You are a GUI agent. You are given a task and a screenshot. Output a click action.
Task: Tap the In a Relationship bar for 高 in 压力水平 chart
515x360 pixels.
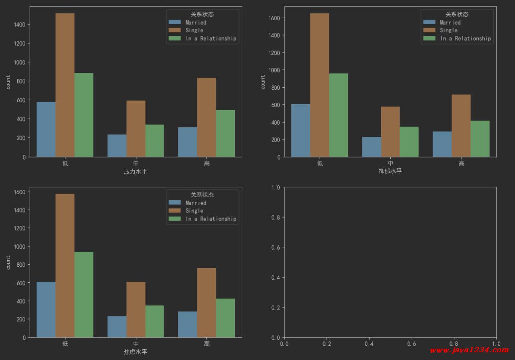[x=225, y=133]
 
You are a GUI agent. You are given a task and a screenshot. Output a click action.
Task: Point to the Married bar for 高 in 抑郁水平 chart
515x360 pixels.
[x=442, y=144]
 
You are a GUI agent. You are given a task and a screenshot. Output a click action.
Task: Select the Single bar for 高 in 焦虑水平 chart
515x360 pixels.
[x=206, y=303]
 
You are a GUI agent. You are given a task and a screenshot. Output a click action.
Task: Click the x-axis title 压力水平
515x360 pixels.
[x=136, y=171]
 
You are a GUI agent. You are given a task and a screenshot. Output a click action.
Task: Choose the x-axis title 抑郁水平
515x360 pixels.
[x=390, y=171]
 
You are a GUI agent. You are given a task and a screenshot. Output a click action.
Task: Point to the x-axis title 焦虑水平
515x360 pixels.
[x=136, y=352]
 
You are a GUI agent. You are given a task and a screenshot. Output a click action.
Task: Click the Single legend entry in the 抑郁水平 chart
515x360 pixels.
[x=449, y=30]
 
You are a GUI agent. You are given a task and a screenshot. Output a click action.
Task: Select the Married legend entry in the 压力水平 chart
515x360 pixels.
[x=196, y=22]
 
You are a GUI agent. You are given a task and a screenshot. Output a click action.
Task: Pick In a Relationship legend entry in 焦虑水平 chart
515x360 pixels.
[x=211, y=219]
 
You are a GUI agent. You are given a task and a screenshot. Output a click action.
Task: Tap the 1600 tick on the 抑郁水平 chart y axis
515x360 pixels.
[x=275, y=18]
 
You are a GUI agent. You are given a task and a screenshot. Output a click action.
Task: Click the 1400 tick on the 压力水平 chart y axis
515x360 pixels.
[x=20, y=25]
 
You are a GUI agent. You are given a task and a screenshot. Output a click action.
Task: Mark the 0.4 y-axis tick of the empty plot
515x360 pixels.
[x=276, y=277]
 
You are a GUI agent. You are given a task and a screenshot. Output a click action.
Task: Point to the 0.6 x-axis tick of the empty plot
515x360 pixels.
[x=411, y=344]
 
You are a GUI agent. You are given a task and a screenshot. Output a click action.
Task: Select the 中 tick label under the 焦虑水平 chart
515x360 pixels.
[x=136, y=344]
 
